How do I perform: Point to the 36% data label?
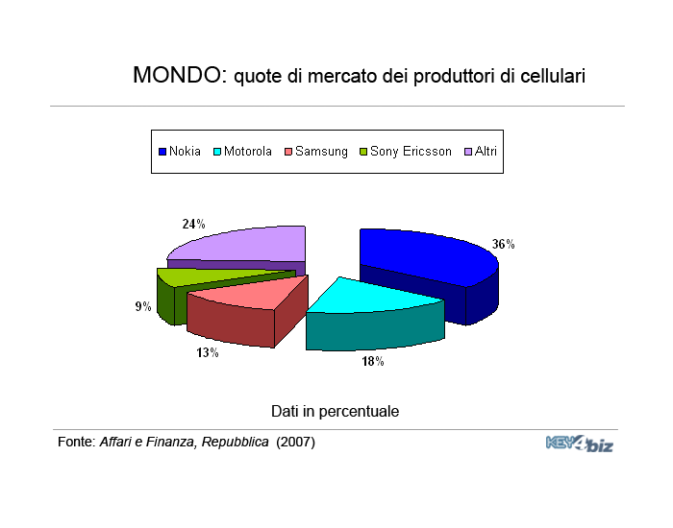point(503,244)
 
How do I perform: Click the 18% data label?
point(373,361)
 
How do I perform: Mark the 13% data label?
point(208,352)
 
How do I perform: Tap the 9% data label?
point(143,306)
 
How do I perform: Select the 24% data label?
point(193,224)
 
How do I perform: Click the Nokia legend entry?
point(180,152)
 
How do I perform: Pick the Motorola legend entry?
point(243,152)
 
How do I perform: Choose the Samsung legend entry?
point(316,152)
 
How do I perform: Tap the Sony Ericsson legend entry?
point(406,152)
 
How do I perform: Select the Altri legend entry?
point(481,152)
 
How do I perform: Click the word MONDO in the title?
point(180,75)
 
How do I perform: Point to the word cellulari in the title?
point(553,76)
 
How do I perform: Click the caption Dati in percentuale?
point(336,412)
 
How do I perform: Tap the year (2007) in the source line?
point(296,442)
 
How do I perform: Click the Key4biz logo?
point(580,444)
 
